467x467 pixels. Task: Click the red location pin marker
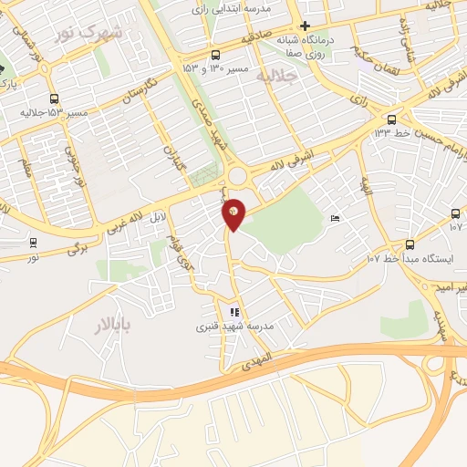[x=234, y=213]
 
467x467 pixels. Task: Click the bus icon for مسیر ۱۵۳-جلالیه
[x=55, y=99]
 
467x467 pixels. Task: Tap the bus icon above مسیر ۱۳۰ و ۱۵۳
[x=215, y=54]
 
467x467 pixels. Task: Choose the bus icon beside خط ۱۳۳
[x=391, y=119]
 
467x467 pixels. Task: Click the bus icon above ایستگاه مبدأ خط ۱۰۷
[x=410, y=244]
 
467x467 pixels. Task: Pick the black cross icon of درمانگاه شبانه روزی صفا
[x=306, y=26]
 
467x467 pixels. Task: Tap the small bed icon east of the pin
[x=336, y=217]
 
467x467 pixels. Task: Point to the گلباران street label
[x=172, y=161]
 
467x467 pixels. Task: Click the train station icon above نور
[x=34, y=243]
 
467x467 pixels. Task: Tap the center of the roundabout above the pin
[x=242, y=177]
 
